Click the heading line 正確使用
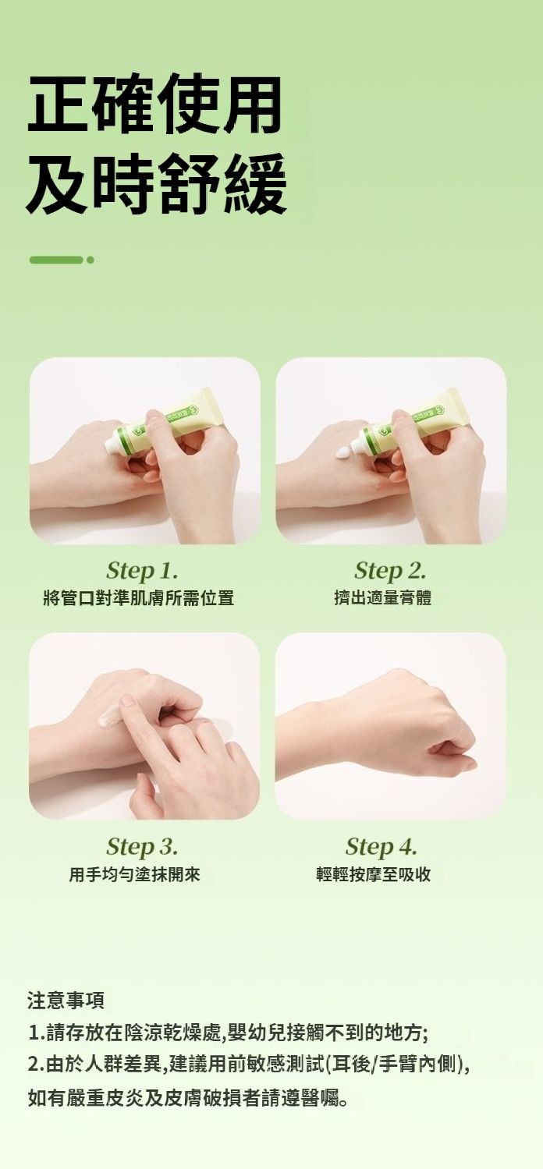coord(154,103)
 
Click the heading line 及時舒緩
coord(157,184)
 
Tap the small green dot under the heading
coord(90,260)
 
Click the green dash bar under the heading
coord(56,260)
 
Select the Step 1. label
coord(142,571)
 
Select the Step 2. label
coord(390,571)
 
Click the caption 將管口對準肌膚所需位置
coord(139,597)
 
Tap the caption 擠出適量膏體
coord(383,597)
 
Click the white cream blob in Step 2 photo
coord(346,453)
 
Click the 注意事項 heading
coord(66,1000)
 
